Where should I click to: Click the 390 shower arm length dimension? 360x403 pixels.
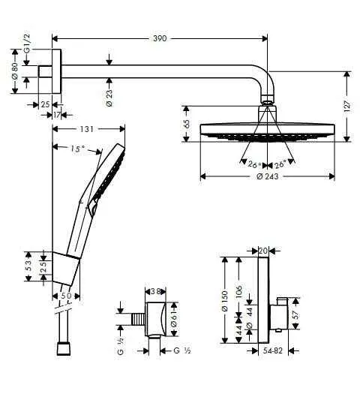(x=159, y=38)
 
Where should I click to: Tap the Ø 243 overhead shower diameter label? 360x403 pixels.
(x=267, y=176)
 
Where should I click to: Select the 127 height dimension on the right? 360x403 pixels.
(x=347, y=106)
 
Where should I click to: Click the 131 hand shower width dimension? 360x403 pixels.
(x=88, y=129)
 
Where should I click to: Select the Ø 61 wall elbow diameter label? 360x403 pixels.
(x=174, y=320)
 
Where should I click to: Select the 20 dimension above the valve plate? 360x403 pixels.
(x=262, y=251)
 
